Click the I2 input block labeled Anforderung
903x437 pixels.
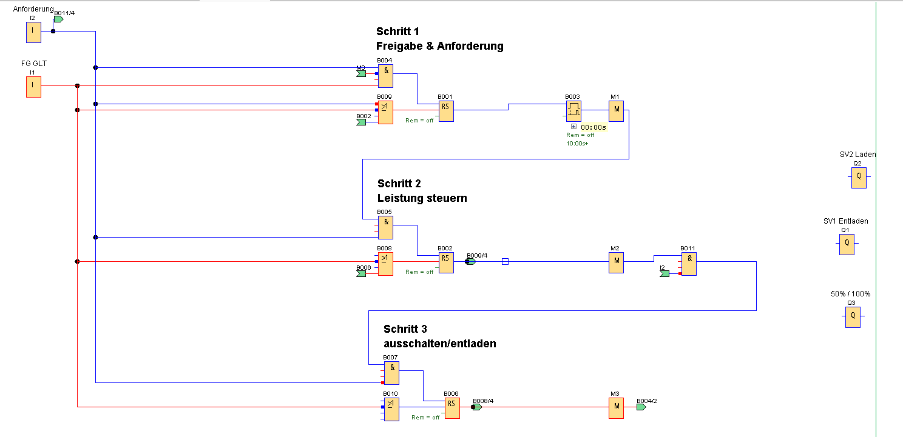pos(33,33)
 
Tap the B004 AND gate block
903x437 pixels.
pos(385,76)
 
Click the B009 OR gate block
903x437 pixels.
pos(385,112)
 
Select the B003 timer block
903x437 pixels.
pos(573,111)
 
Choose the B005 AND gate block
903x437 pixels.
pos(385,227)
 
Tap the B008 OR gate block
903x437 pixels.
pos(385,264)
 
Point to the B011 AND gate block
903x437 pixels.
pos(689,264)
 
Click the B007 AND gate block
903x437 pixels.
pos(391,373)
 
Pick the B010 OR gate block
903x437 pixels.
pos(391,409)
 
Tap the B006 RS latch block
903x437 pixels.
pos(451,408)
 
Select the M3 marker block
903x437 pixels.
pos(616,408)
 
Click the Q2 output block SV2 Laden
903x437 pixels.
pos(858,178)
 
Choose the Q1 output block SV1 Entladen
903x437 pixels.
pos(847,244)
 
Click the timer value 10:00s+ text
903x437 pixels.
pos(577,144)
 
